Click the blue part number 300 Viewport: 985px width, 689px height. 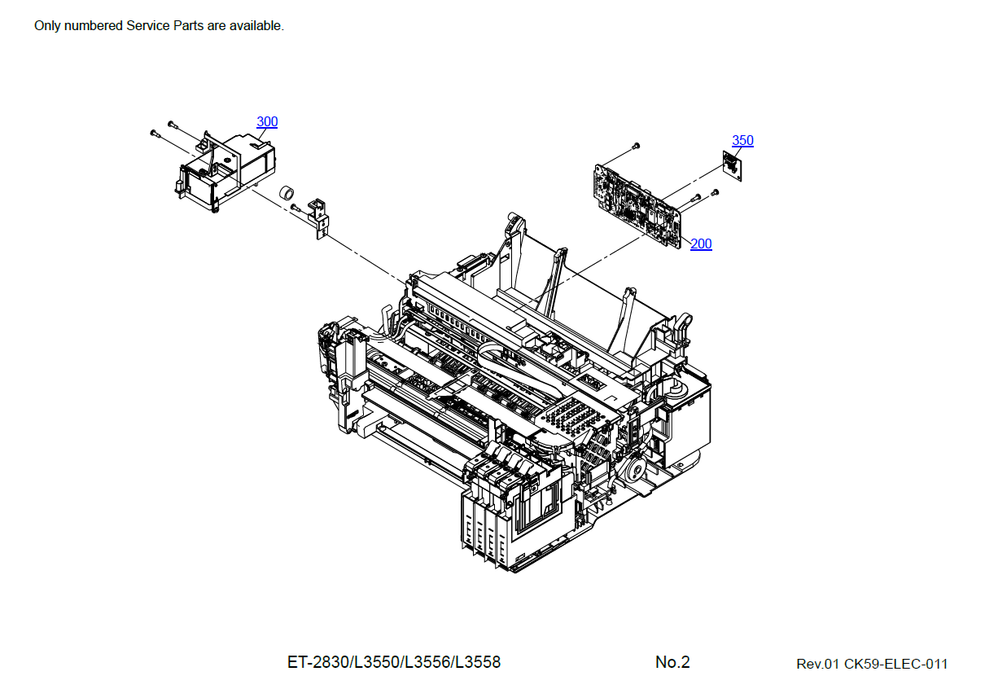click(x=267, y=122)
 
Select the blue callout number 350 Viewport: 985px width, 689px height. click(x=742, y=141)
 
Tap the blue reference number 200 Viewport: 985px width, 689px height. click(x=701, y=244)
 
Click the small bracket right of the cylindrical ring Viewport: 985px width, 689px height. click(x=319, y=217)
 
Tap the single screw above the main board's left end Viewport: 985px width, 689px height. click(x=636, y=146)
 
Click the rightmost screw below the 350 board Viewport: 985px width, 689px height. click(x=715, y=193)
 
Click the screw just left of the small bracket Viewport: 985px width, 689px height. click(x=295, y=208)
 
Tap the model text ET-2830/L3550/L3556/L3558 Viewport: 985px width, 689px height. click(x=394, y=662)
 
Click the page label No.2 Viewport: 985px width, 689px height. click(x=672, y=662)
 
